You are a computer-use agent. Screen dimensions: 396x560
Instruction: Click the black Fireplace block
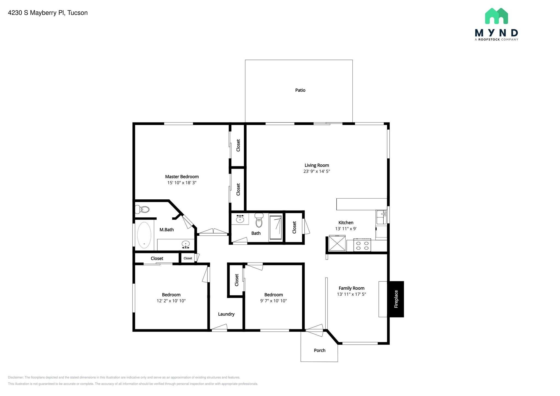(396, 299)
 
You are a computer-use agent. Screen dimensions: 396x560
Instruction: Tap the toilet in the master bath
(142, 210)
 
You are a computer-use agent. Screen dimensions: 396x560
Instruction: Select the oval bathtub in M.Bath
(144, 235)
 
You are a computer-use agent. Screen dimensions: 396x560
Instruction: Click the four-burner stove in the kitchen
(362, 245)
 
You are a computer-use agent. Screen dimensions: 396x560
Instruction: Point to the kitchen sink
(381, 217)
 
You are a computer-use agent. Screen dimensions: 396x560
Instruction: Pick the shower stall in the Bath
(275, 228)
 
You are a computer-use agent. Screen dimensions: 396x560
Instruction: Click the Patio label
(300, 90)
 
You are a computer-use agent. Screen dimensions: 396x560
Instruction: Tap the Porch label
(319, 350)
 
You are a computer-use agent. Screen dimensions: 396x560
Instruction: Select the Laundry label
(226, 314)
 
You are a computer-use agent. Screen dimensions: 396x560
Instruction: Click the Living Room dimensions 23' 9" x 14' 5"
(317, 171)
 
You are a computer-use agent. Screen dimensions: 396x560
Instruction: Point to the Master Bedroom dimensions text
(182, 183)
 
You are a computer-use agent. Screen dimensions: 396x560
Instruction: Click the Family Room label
(351, 288)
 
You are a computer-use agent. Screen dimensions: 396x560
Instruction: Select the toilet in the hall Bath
(259, 220)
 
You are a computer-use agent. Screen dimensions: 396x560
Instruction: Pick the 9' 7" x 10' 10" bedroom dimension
(273, 301)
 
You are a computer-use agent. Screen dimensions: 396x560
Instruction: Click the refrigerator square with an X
(337, 243)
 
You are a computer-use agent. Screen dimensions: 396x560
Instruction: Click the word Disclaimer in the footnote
(16, 377)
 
